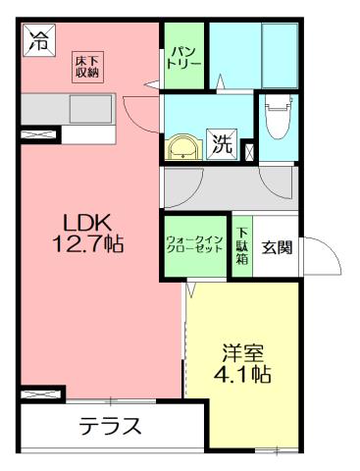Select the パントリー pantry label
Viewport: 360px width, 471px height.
tap(182, 56)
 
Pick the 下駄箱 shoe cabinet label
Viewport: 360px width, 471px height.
tap(241, 245)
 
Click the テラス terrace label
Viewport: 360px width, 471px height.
tap(110, 427)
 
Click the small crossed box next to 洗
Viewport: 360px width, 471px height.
tap(246, 151)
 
